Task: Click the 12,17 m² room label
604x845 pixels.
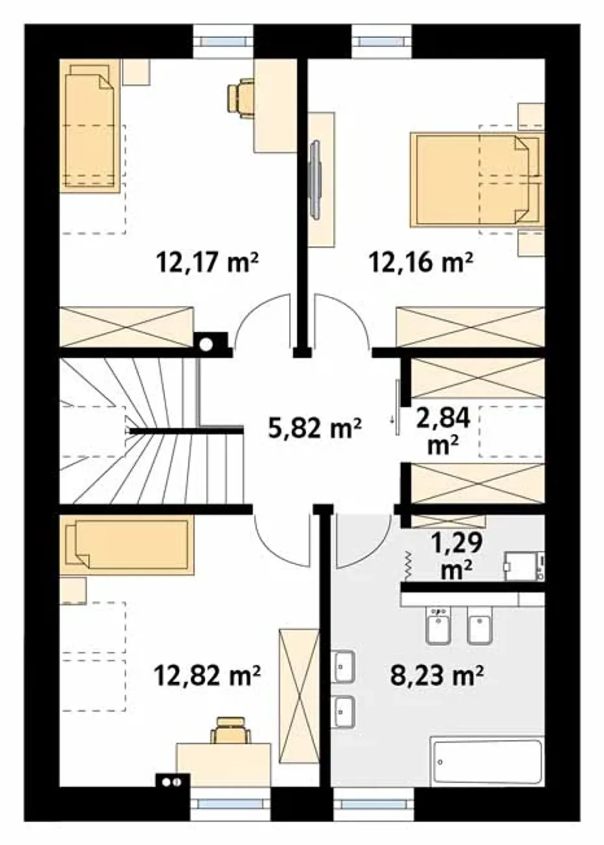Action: (x=208, y=262)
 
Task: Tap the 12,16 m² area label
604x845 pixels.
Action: (x=421, y=262)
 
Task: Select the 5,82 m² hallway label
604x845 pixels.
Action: (x=315, y=428)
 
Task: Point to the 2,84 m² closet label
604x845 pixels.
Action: (x=443, y=431)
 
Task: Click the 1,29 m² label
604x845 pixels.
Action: (x=457, y=556)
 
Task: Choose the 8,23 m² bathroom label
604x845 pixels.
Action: (x=437, y=675)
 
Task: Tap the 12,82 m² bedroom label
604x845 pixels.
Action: (x=207, y=675)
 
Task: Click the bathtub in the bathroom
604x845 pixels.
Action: (x=487, y=763)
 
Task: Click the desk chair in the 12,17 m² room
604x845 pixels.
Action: (x=240, y=98)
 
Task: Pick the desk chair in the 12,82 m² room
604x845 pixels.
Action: (x=231, y=730)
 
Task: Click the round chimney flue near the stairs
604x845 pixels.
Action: (x=206, y=345)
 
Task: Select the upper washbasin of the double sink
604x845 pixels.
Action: (x=343, y=666)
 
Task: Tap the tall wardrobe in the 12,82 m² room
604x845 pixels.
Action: (x=299, y=695)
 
